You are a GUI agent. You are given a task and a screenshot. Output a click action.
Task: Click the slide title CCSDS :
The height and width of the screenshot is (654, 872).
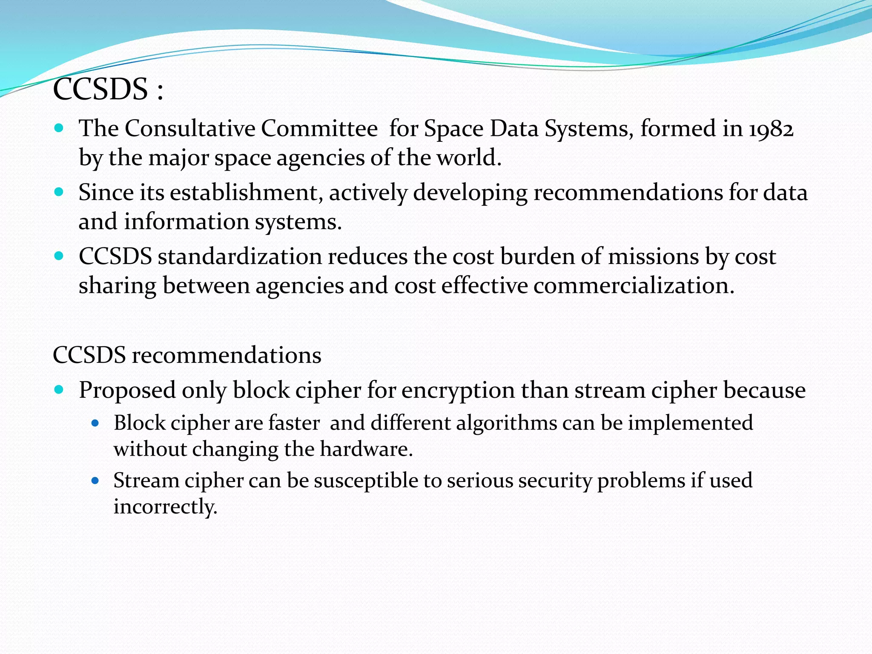[x=108, y=89]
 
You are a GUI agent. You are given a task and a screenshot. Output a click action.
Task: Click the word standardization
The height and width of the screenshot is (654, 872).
[x=240, y=257]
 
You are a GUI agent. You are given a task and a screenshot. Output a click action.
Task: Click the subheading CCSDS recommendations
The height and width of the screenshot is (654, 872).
[x=187, y=355]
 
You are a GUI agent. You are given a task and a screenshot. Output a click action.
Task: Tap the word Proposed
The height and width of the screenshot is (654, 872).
[x=127, y=390]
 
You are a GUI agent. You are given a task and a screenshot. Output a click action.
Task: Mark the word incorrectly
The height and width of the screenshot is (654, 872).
[x=165, y=507]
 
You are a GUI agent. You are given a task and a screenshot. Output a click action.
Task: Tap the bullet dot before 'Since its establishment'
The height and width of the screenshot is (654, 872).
[x=59, y=192]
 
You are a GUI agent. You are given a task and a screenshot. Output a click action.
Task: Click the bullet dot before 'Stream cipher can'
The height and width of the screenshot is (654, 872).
[x=95, y=481]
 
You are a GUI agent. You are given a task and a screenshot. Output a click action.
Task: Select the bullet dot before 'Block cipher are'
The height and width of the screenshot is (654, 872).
[x=95, y=423]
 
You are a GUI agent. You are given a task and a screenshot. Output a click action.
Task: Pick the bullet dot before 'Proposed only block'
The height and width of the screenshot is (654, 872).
[x=59, y=389]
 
